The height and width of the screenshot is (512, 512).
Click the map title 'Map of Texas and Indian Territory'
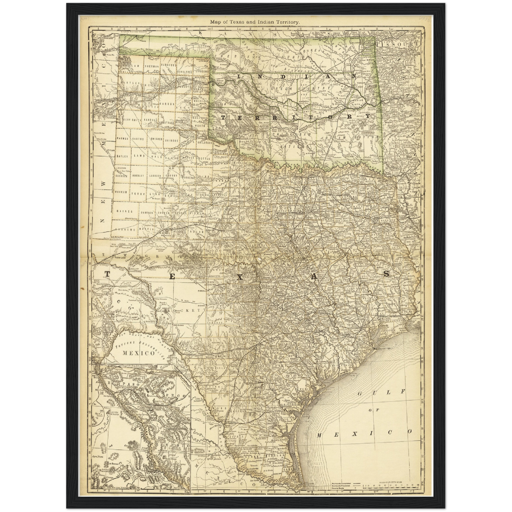(255, 22)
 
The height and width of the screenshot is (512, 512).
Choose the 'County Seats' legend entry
(340, 489)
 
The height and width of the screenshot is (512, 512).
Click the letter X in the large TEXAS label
(240, 277)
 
